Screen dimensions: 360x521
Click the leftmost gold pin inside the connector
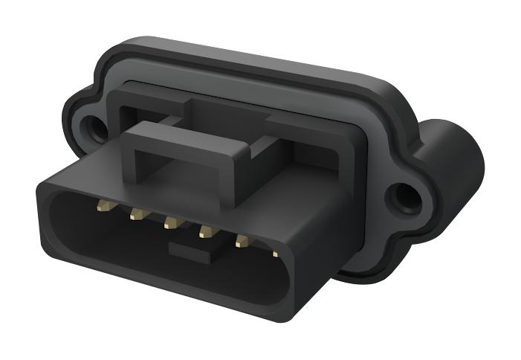pos(103,203)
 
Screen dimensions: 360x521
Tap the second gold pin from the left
pos(137,214)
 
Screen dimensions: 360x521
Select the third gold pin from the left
pos(171,222)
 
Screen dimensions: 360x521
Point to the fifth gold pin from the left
pos(242,240)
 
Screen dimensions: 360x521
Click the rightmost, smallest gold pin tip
pos(275,254)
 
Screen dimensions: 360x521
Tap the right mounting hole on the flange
pos(405,197)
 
